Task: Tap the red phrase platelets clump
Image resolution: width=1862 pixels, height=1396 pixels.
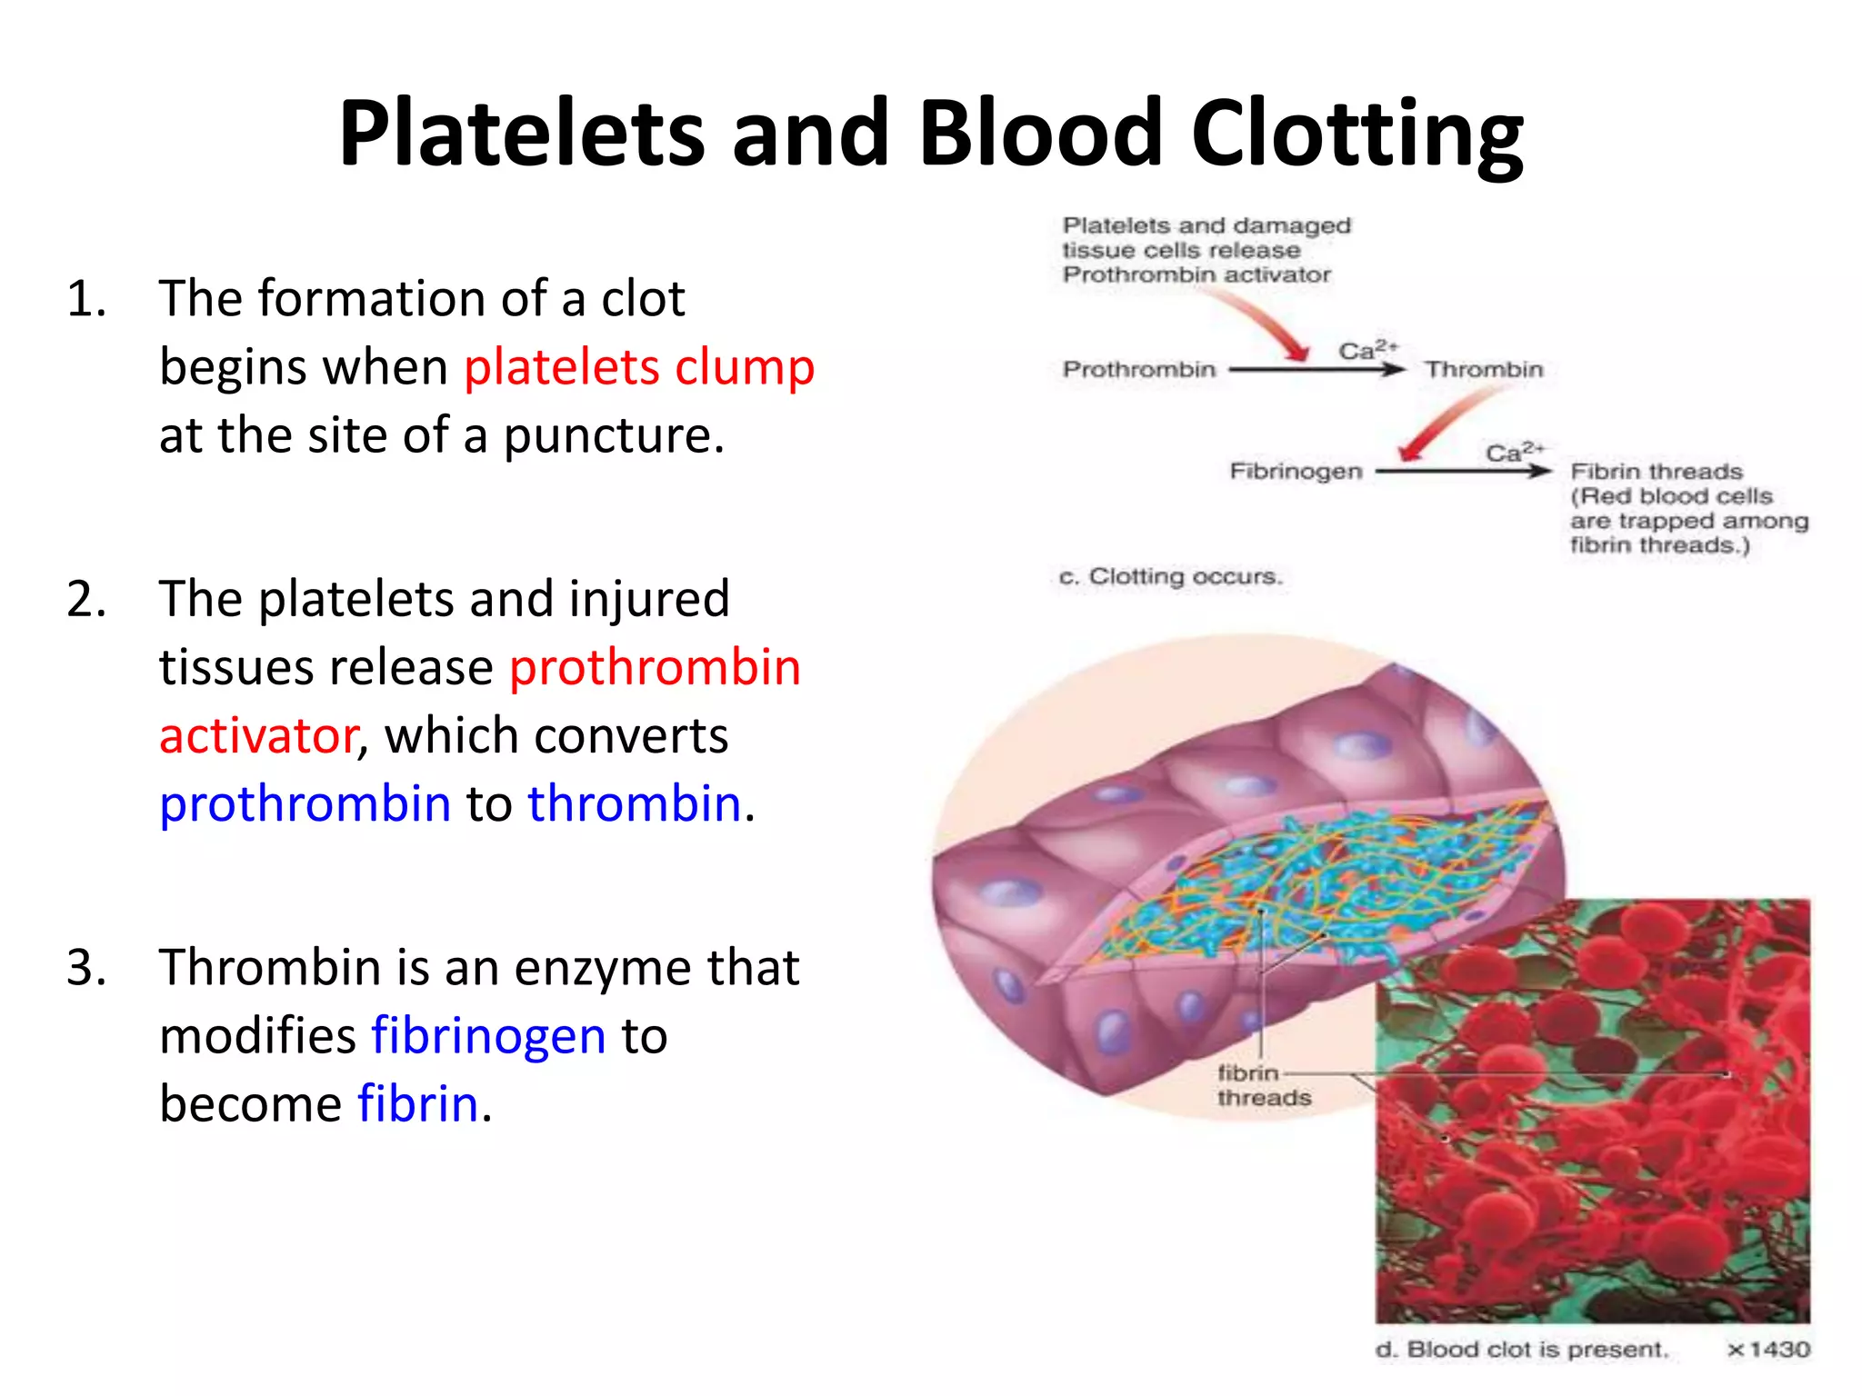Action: tap(639, 367)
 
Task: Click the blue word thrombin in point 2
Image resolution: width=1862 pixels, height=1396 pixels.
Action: tap(635, 804)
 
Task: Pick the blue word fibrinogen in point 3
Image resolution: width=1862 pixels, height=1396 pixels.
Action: tap(488, 1036)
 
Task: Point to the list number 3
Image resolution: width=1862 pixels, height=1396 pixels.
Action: tap(86, 968)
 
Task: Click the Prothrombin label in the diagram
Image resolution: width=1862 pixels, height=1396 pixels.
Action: tap(1138, 370)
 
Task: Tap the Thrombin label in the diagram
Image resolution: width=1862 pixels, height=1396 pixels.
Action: tap(1484, 370)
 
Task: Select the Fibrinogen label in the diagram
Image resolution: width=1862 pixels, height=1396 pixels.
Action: tap(1296, 472)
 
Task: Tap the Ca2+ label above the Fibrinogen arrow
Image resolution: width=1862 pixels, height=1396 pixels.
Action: tap(1515, 452)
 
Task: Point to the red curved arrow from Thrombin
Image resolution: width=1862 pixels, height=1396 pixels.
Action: tap(1446, 424)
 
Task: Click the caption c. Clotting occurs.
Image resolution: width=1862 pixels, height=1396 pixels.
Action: tap(1170, 577)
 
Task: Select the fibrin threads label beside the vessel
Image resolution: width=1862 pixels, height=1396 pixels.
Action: tap(1262, 1086)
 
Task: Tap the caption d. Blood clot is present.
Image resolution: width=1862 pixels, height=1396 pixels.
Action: tap(1522, 1350)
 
